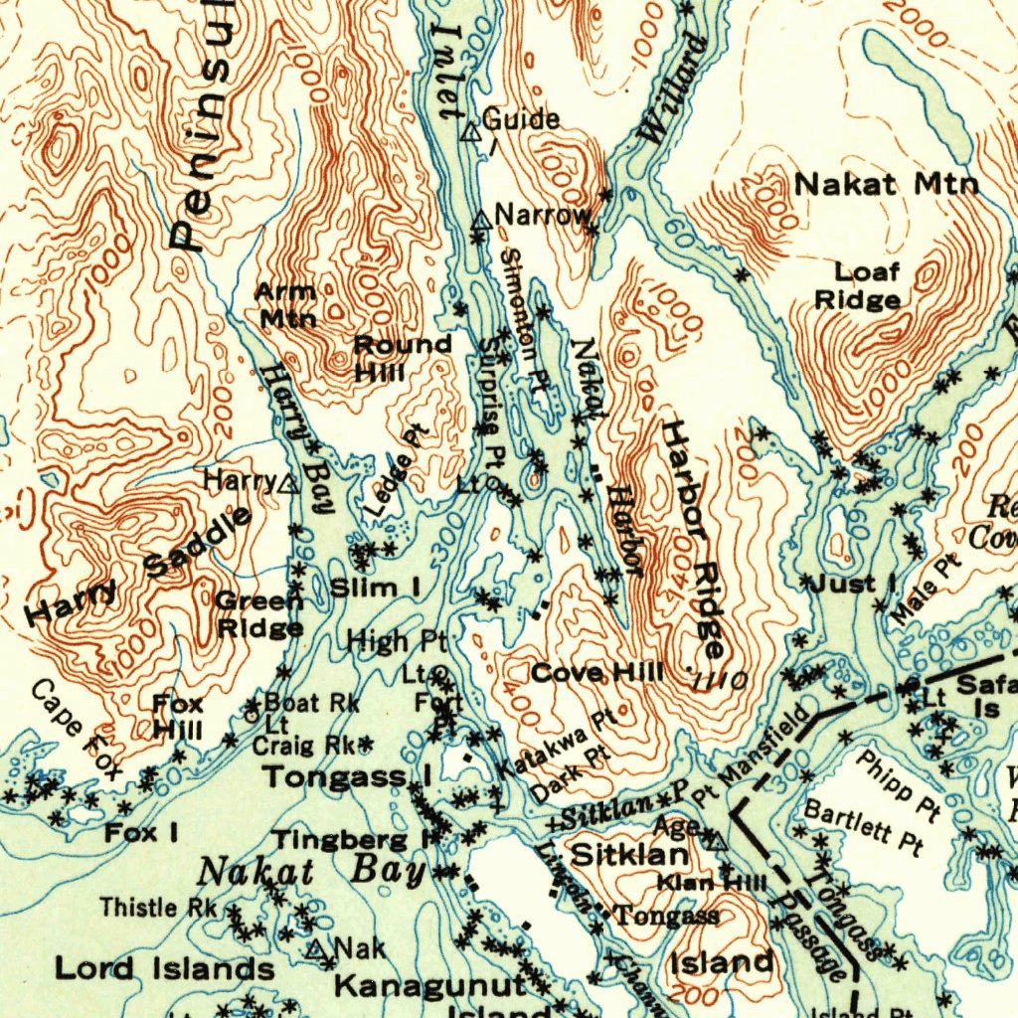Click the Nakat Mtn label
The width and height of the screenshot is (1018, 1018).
(886, 184)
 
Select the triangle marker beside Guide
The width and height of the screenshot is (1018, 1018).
(472, 130)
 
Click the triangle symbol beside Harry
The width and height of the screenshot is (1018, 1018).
(288, 484)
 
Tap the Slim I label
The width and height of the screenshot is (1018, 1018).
(374, 588)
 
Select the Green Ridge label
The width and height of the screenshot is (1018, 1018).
(259, 614)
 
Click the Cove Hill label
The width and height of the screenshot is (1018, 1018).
(596, 673)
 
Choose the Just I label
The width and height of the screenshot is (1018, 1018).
(852, 583)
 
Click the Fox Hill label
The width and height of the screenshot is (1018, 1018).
(178, 717)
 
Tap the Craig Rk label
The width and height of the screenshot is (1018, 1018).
(303, 745)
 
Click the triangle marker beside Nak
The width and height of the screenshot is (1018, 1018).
(317, 949)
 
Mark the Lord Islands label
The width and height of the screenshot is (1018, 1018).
(164, 968)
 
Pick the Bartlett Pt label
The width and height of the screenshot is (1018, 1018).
(862, 825)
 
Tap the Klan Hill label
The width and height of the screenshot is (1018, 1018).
(712, 882)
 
